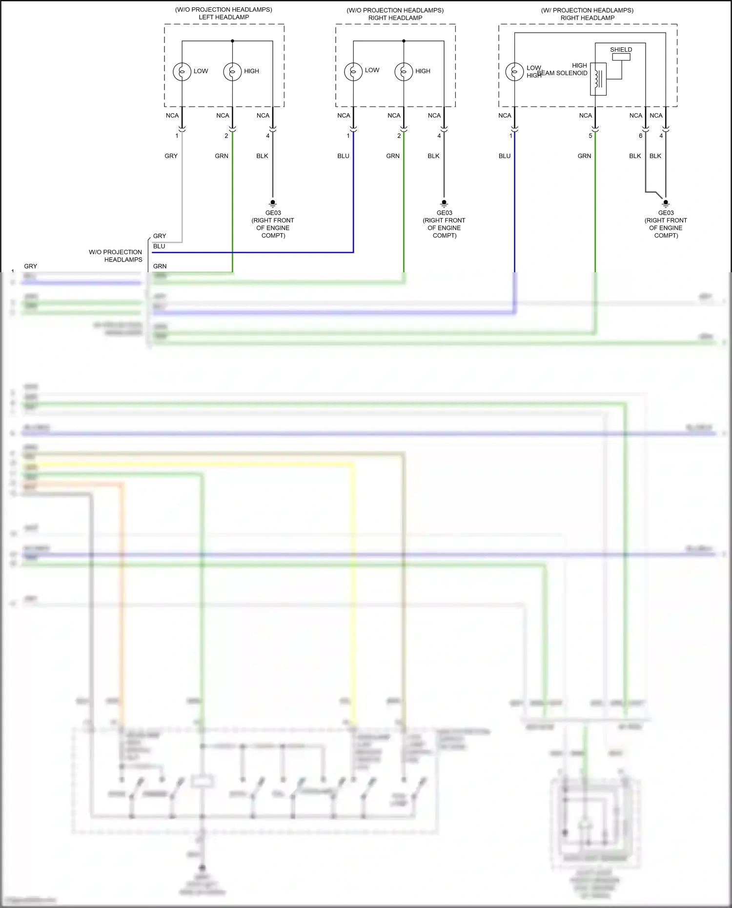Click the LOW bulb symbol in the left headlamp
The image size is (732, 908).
[x=182, y=72]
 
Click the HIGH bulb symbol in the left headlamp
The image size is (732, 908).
[x=232, y=72]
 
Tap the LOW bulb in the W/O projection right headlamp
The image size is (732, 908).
[x=353, y=72]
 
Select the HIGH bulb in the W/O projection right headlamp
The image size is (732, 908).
[x=404, y=72]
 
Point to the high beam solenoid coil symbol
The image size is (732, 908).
[x=598, y=79]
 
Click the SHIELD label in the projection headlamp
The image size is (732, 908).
[x=621, y=50]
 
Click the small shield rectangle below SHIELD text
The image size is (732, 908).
[x=621, y=57]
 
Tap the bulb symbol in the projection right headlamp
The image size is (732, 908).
[x=514, y=72]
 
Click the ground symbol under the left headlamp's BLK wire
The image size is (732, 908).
[x=273, y=202]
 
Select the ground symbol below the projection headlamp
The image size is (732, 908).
[x=666, y=202]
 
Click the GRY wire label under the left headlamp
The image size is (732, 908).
[x=171, y=156]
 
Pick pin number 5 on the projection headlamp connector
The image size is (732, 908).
[x=590, y=136]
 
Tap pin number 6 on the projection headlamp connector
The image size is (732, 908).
[x=641, y=136]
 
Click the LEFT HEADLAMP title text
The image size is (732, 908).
[x=224, y=17]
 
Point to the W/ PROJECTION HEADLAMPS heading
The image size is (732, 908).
[x=587, y=10]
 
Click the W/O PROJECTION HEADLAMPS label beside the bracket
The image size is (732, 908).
[x=116, y=256]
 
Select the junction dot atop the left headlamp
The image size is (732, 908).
[x=232, y=41]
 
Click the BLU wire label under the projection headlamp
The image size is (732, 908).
[x=505, y=156]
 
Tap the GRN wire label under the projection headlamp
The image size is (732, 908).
[x=584, y=156]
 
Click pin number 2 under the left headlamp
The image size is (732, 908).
[x=226, y=136]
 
